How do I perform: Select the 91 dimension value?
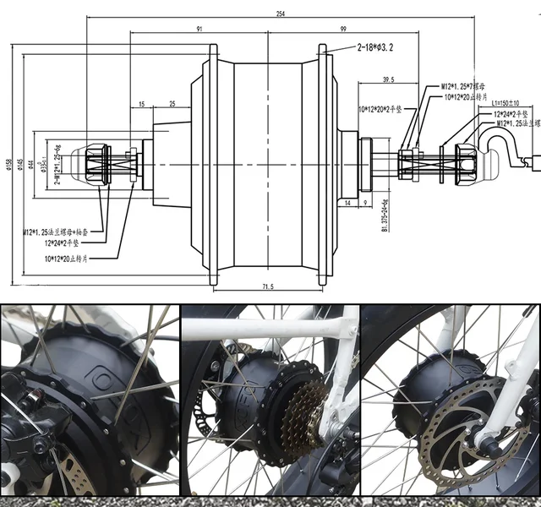coord(199,29)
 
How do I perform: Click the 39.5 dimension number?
coord(388,79)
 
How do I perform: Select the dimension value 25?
coord(172,103)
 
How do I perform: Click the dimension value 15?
coord(141,103)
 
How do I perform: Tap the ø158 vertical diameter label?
coord(8,163)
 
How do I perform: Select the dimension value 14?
coord(347,203)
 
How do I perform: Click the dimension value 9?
coord(365,203)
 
